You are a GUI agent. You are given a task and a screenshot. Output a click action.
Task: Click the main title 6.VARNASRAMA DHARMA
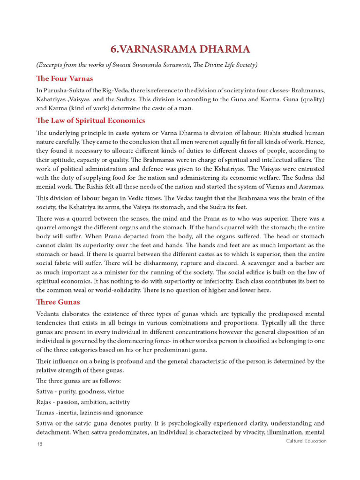point(180,49)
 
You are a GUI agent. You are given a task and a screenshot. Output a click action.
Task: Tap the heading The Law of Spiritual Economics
point(90,120)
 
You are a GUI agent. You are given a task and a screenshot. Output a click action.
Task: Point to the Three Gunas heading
point(58,301)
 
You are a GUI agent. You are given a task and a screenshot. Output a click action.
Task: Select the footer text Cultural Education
point(306,441)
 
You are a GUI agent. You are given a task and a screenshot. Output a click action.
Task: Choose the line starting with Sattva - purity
point(80,391)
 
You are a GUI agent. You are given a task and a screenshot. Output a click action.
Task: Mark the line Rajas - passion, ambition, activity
point(83,402)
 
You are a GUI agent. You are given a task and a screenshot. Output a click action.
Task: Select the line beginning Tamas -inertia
point(89,412)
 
